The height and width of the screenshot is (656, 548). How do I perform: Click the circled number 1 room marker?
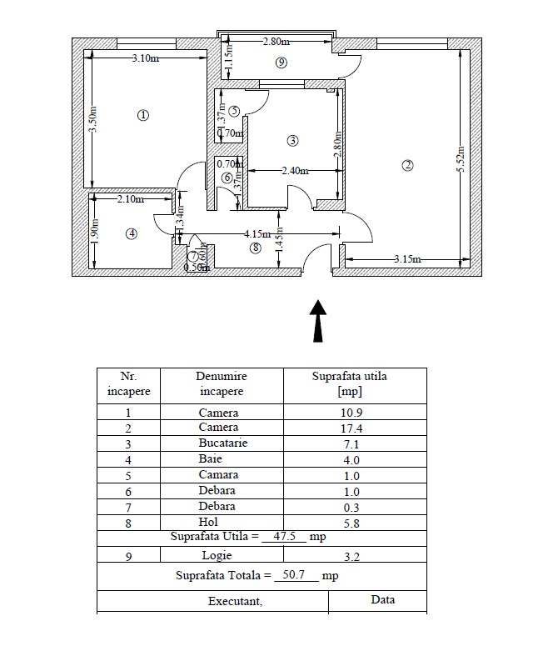click(143, 116)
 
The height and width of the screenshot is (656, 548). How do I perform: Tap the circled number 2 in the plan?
click(407, 165)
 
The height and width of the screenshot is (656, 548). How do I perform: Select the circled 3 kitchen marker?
click(292, 139)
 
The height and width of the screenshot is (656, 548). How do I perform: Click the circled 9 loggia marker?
click(281, 63)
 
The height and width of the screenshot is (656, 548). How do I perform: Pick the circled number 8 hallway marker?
click(255, 248)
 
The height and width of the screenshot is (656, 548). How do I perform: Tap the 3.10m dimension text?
click(146, 58)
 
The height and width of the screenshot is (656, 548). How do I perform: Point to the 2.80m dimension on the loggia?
click(276, 42)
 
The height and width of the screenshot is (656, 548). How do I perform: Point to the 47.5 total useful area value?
click(284, 538)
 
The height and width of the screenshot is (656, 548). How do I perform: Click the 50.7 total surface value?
click(297, 576)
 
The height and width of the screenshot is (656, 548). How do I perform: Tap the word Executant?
click(235, 601)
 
